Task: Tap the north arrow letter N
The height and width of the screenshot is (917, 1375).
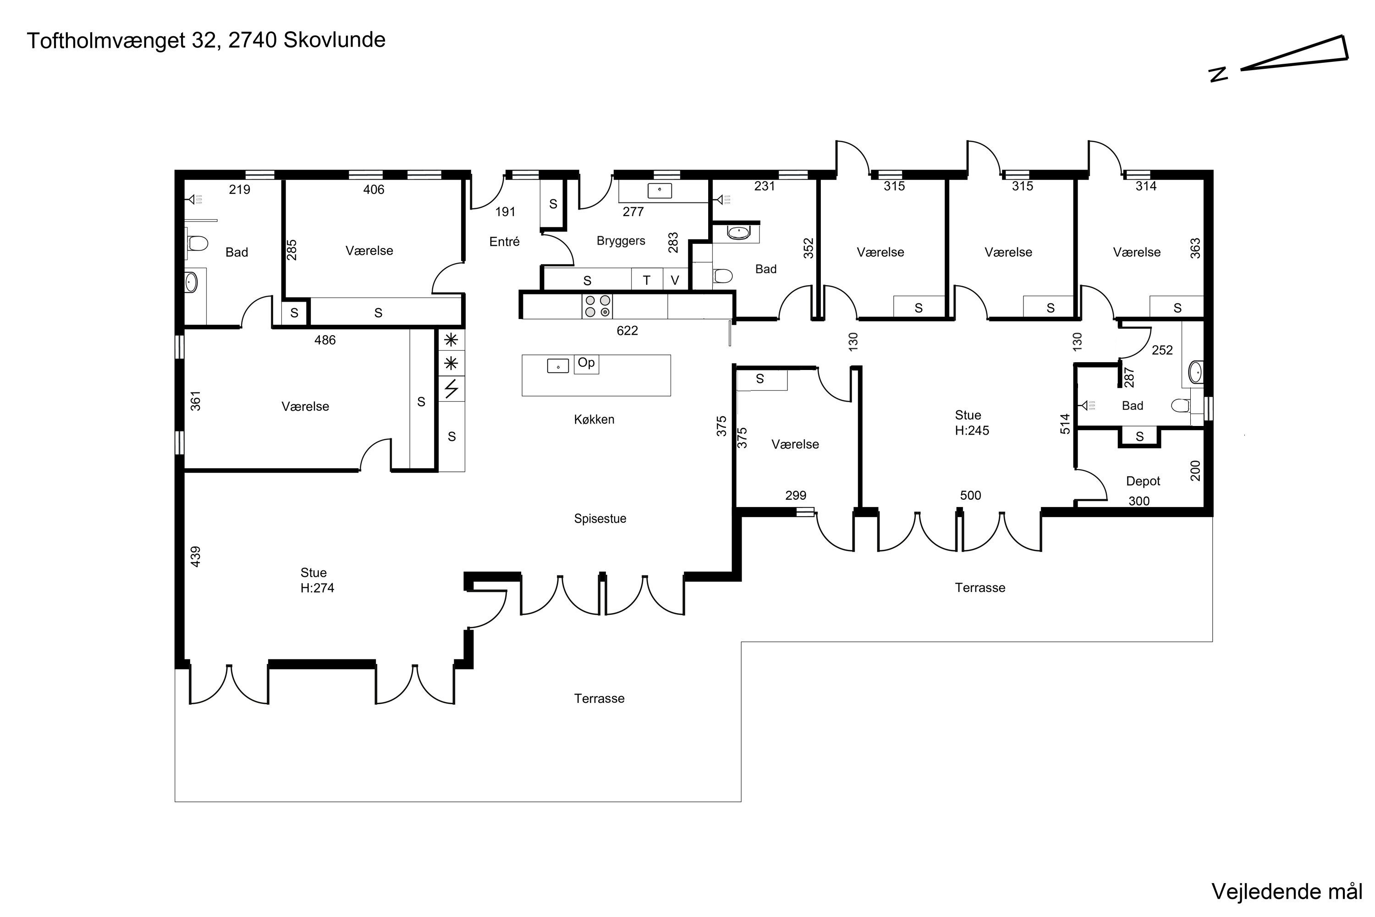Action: tap(1218, 75)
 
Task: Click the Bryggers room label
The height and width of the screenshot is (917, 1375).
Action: tap(621, 241)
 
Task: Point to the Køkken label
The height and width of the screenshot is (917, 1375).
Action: tap(594, 420)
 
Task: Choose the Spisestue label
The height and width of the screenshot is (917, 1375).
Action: tap(600, 519)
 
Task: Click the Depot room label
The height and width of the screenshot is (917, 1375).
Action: tap(1143, 481)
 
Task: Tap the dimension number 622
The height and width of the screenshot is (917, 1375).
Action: tap(627, 331)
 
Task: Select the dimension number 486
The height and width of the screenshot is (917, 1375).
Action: tap(325, 340)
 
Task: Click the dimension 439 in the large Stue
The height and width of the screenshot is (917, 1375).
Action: tap(196, 556)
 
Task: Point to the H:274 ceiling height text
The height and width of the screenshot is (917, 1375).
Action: tap(318, 588)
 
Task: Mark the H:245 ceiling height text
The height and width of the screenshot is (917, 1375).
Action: tap(972, 431)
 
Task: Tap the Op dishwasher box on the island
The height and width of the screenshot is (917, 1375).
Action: tap(586, 364)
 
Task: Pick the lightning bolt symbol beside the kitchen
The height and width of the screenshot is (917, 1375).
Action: tap(451, 389)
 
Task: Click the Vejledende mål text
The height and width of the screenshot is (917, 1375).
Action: tap(1287, 892)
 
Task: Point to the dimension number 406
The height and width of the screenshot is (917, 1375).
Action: tap(374, 189)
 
